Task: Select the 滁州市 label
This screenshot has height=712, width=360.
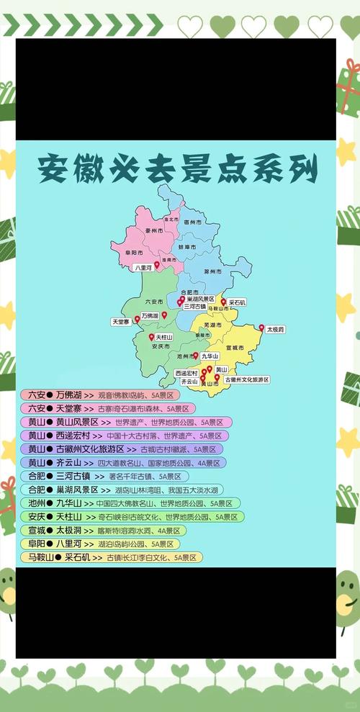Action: [x=212, y=272]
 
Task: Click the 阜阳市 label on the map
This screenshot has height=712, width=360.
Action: [x=131, y=253]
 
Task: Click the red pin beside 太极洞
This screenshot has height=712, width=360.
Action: [x=261, y=328]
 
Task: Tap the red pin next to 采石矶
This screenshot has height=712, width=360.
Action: [x=223, y=302]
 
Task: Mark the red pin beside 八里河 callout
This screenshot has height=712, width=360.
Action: [x=157, y=265]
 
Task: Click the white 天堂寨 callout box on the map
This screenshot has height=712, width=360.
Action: [x=120, y=321]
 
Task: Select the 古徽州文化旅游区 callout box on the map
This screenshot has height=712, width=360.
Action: [x=246, y=379]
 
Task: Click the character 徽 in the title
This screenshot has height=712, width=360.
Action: [x=98, y=169]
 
